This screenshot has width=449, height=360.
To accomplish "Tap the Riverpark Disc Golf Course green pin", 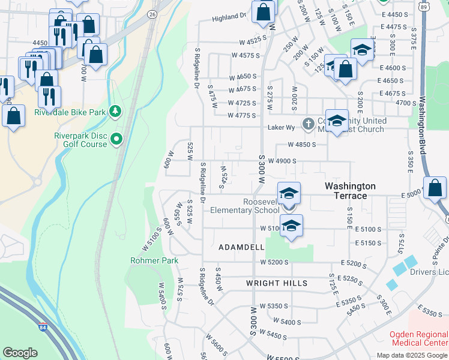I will point(116,139).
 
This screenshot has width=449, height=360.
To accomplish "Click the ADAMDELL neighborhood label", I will point(241,247).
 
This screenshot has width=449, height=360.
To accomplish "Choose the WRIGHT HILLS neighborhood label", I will point(277,283).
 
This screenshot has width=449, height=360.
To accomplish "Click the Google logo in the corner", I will point(20,353).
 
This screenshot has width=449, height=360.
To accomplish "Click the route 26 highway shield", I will point(152,13).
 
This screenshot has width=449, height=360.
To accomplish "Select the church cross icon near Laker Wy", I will point(308,124).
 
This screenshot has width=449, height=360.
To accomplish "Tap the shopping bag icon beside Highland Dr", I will point(264,11).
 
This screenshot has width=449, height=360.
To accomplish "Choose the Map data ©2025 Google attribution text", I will point(412,355).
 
